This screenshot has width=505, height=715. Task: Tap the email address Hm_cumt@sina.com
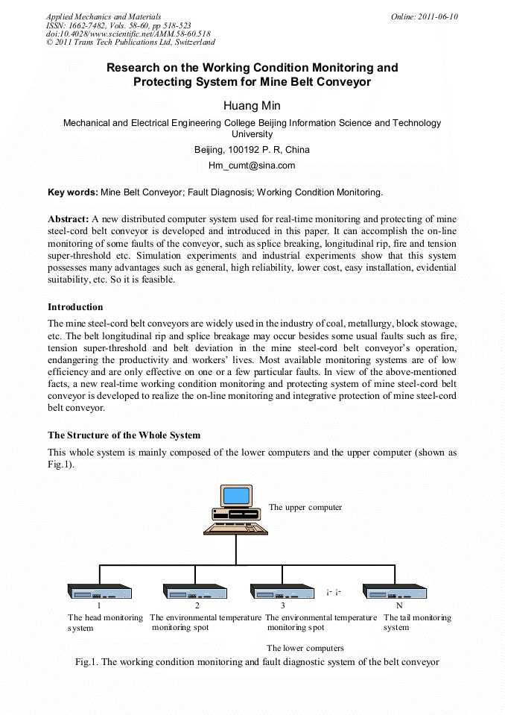coord(252,166)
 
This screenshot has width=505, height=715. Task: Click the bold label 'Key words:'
coord(72,192)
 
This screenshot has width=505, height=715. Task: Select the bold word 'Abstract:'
coord(69,219)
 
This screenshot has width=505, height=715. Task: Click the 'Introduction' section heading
coord(75,306)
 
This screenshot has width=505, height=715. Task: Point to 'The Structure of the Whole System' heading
coord(124,435)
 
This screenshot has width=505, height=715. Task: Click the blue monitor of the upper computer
coord(236,495)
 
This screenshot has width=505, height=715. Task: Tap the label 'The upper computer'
coord(305,507)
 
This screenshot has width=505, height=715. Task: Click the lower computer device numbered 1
coord(100,591)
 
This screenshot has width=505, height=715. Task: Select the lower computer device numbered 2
coord(195,591)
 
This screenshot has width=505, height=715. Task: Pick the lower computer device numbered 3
coord(282,591)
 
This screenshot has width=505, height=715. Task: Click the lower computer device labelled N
coord(395,591)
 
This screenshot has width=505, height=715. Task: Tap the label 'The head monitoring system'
coord(105,623)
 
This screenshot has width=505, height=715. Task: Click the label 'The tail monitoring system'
coord(417,623)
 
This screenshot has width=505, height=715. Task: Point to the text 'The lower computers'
coord(305,648)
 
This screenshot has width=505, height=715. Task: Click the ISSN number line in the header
coord(118,25)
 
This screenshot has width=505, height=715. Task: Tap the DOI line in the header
coord(127,34)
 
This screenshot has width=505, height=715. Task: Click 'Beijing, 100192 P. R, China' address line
coord(252,150)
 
